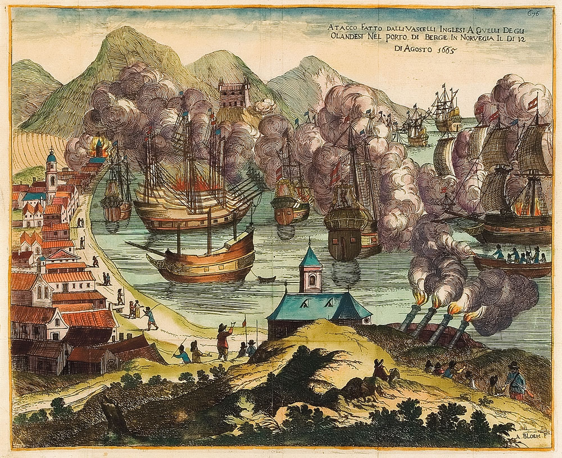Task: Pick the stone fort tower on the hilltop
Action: [234, 93]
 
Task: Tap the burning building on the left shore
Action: [99, 149]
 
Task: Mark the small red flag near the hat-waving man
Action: [244, 323]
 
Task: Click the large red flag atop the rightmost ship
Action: [533, 103]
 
